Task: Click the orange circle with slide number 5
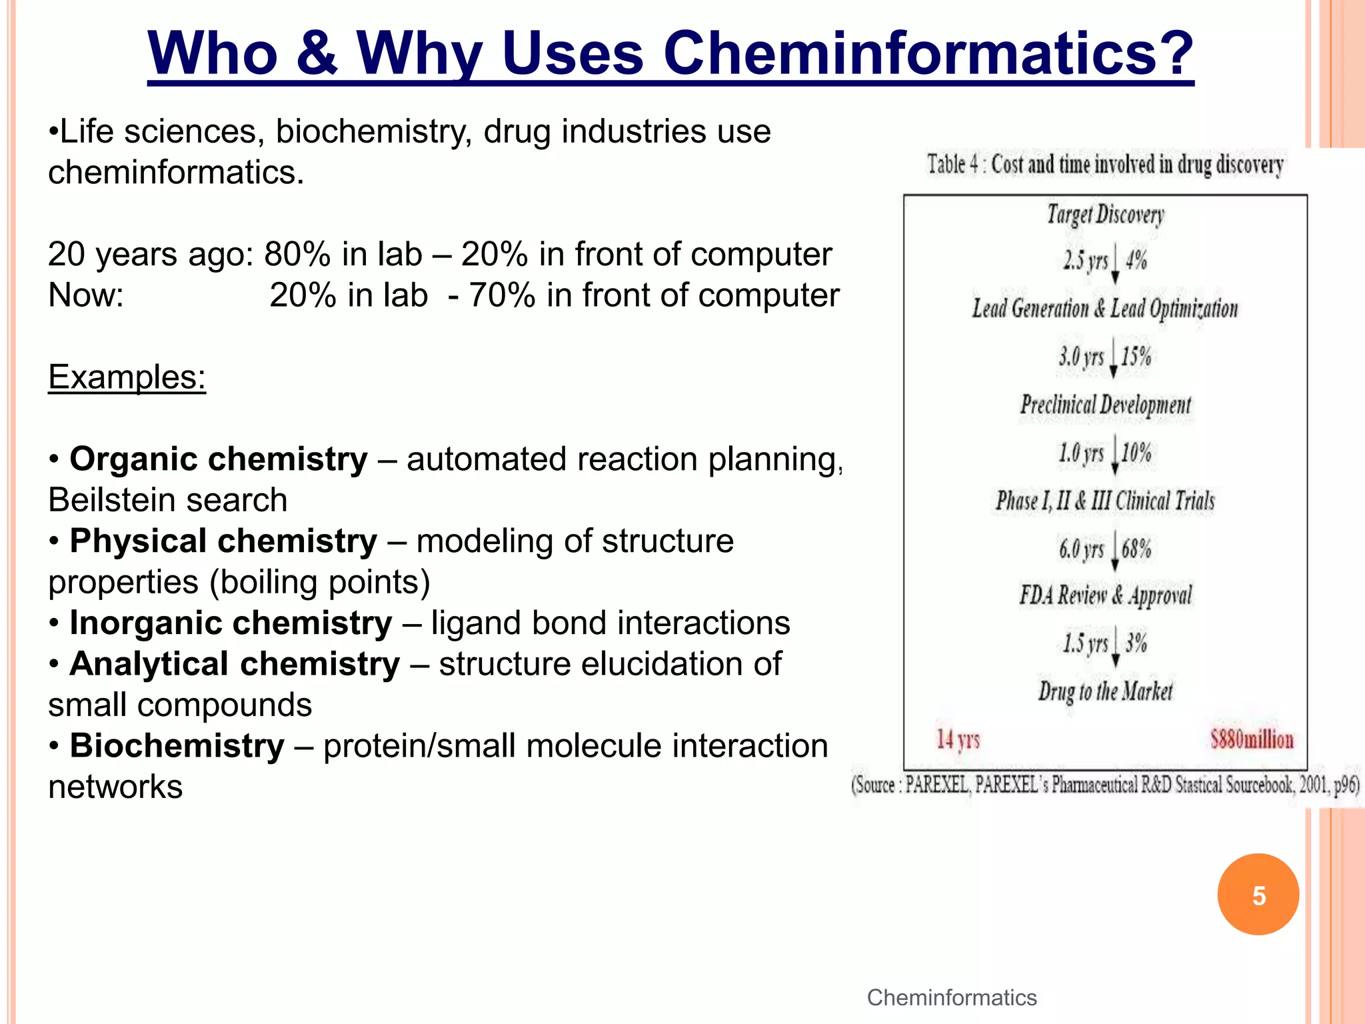coord(1258,895)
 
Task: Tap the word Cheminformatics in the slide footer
coord(951,997)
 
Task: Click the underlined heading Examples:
coord(127,377)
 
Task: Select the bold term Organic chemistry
coord(219,459)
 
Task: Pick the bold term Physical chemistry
coord(223,541)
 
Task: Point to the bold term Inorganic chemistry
coord(231,623)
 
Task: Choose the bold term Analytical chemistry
coord(235,664)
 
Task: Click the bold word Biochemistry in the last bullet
coord(177,745)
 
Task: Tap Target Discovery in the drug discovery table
coord(1105,215)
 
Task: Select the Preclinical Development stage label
coord(1105,405)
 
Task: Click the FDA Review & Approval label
coord(1105,595)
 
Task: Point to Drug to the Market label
coord(1105,691)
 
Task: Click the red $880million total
coord(1252,739)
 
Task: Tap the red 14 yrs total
coord(958,739)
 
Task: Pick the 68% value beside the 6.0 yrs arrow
coord(1136,549)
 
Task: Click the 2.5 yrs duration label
coord(1085,260)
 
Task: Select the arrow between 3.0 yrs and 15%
coord(1113,359)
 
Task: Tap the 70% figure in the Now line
coord(502,295)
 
